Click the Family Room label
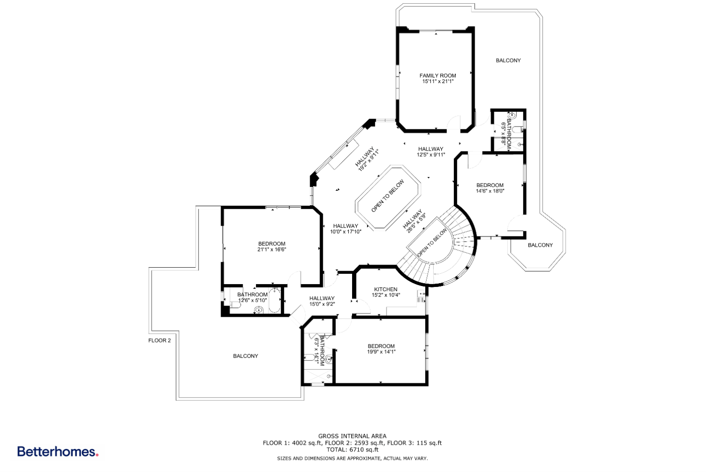coord(437,76)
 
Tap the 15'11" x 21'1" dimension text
coord(437,82)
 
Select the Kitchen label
coord(386,289)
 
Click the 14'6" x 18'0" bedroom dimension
coord(490,191)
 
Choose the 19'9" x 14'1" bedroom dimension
coord(381,352)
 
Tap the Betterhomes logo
coord(58,452)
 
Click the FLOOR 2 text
coord(159,340)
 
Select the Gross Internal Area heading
coord(352,436)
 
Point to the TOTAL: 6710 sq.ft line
coord(352,450)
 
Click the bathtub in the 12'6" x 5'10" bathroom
coord(274,301)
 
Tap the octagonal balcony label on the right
coord(540,245)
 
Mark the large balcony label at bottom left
coord(246,356)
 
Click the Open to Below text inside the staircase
coord(432,243)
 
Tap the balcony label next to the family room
coord(508,60)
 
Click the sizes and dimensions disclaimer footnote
coord(352,458)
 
